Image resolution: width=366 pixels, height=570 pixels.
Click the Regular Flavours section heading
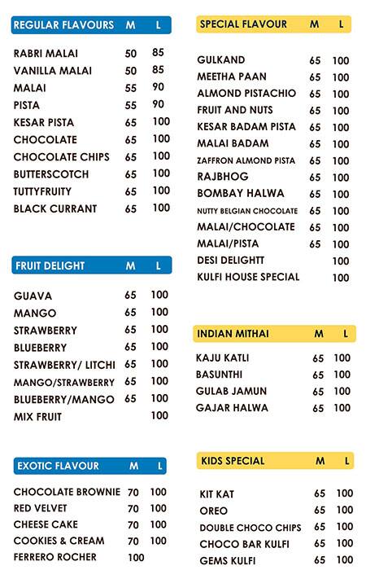click(x=63, y=25)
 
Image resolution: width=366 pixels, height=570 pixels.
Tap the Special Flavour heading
click(x=243, y=24)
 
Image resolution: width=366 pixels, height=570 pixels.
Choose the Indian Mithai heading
click(x=233, y=334)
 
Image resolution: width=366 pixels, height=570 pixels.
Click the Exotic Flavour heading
click(x=58, y=466)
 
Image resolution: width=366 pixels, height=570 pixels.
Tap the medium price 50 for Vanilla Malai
click(x=131, y=71)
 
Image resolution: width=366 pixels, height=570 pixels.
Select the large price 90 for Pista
click(x=158, y=105)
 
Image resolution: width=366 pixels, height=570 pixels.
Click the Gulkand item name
click(x=221, y=60)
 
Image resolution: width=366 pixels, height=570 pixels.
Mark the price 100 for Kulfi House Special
click(x=341, y=278)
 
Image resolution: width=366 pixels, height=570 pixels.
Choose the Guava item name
click(x=33, y=296)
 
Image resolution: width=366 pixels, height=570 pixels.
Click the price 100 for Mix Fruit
click(x=159, y=416)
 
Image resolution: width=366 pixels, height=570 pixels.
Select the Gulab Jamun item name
click(x=231, y=391)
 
